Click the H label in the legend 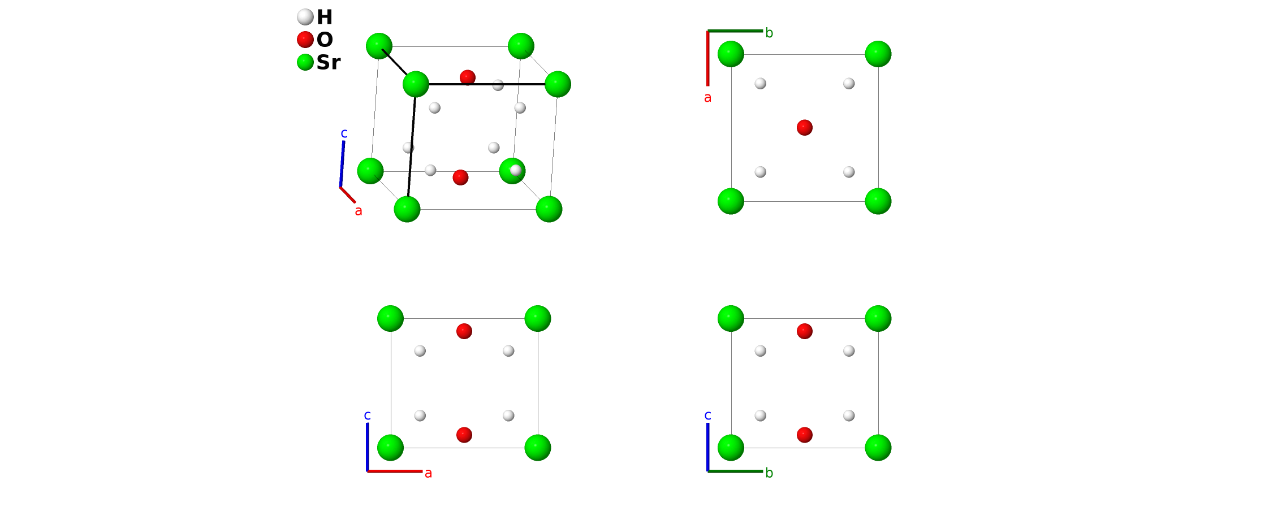pyautogui.click(x=325, y=18)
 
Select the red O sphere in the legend pyautogui.click(x=305, y=40)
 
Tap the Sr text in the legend pyautogui.click(x=329, y=62)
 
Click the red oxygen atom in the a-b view pyautogui.click(x=804, y=128)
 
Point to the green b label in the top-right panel pyautogui.click(x=769, y=33)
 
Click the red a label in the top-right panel pyautogui.click(x=707, y=98)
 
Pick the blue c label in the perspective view pyautogui.click(x=344, y=133)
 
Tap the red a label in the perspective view pyautogui.click(x=359, y=211)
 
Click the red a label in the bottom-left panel pyautogui.click(x=428, y=473)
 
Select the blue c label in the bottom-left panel pyautogui.click(x=368, y=415)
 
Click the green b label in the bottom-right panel pyautogui.click(x=769, y=473)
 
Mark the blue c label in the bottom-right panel pyautogui.click(x=707, y=415)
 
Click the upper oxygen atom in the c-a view pyautogui.click(x=464, y=331)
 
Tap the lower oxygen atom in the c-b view pyautogui.click(x=804, y=435)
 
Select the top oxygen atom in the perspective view pyautogui.click(x=468, y=77)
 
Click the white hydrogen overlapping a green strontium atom pyautogui.click(x=515, y=170)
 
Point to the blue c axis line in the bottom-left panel pyautogui.click(x=368, y=447)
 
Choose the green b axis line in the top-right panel pyautogui.click(x=735, y=31)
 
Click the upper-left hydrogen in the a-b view pyautogui.click(x=761, y=84)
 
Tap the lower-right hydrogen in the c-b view pyautogui.click(x=849, y=415)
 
